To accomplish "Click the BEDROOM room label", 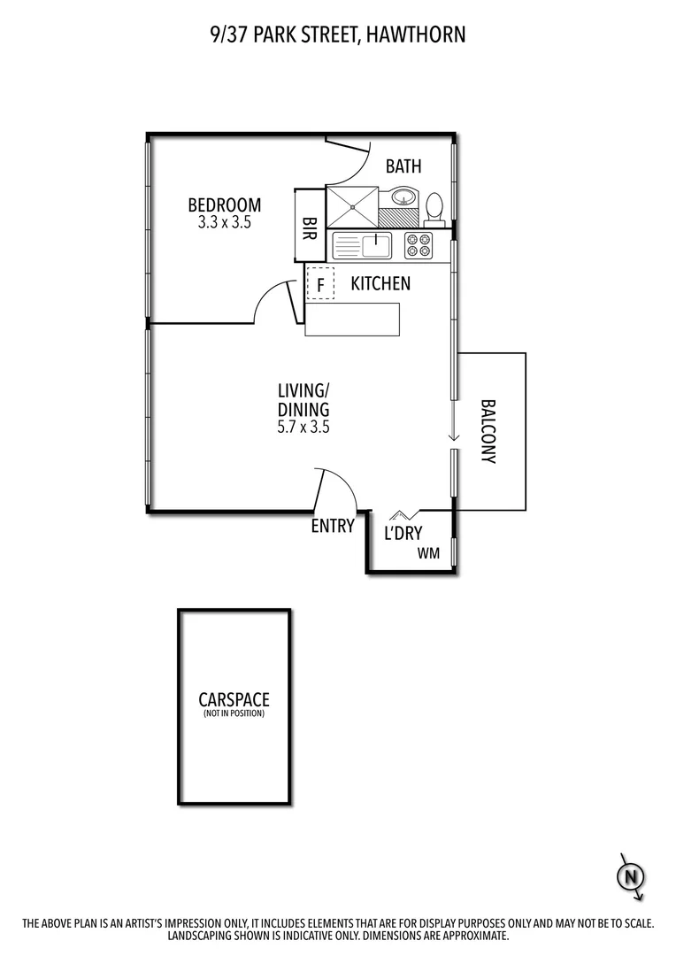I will click(224, 205).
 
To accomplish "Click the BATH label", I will click(403, 166).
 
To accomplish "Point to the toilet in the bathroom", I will click(434, 208).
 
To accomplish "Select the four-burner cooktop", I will click(419, 245).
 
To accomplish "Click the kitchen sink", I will click(377, 243).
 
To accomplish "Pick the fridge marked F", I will click(320, 284).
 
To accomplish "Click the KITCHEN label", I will click(380, 284).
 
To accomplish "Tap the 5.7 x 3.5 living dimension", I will click(303, 426).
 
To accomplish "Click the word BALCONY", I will click(488, 432).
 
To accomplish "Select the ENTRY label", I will click(333, 526).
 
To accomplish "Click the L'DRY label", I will click(403, 533).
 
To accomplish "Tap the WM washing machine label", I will click(430, 554).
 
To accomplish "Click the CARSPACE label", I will click(234, 700).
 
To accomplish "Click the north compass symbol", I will click(630, 876).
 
